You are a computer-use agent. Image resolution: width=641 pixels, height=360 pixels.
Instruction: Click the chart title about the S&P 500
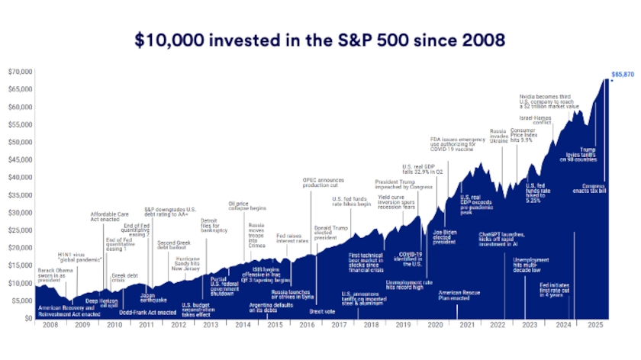click(320, 38)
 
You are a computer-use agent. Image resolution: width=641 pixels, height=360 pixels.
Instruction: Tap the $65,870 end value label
click(623, 74)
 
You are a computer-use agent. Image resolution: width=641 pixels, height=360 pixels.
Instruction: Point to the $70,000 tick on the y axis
click(20, 72)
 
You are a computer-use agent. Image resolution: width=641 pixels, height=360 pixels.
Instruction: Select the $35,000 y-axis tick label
click(20, 194)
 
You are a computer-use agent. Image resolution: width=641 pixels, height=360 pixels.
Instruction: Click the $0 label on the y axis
click(27, 318)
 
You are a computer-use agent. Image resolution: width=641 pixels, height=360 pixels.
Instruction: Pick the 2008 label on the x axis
click(50, 326)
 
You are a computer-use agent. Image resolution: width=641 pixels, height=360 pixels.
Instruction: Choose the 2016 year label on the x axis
click(308, 326)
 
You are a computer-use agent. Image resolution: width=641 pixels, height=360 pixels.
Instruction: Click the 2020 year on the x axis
click(436, 326)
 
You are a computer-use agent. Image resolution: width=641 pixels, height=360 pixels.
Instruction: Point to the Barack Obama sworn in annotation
click(57, 274)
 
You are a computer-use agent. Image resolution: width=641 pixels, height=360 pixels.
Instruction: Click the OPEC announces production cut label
click(323, 182)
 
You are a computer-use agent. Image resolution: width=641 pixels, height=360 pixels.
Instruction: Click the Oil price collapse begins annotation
click(247, 206)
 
